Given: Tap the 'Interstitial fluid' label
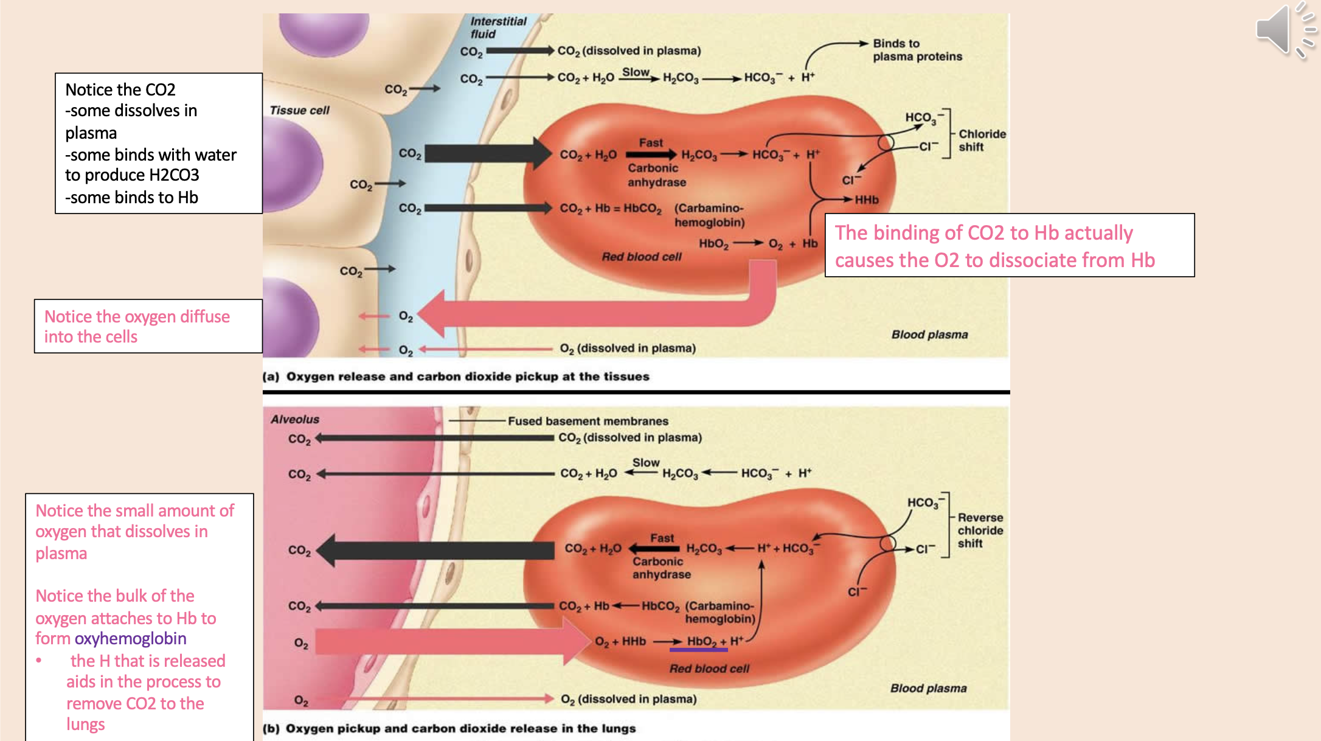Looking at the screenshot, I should (498, 27).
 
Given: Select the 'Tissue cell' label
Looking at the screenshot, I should (299, 111).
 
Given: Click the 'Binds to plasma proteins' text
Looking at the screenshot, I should (917, 50).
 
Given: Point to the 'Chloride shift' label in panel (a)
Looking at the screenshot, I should (982, 141).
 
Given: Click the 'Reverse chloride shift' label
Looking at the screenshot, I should (980, 531).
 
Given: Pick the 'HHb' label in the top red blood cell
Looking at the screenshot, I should (867, 200).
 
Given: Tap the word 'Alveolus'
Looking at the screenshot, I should (295, 419).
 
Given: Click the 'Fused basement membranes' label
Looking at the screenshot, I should (588, 421).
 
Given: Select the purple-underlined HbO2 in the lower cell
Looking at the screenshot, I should (701, 641).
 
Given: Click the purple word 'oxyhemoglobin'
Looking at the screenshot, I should (130, 639).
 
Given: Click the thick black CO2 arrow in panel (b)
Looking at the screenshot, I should (438, 550).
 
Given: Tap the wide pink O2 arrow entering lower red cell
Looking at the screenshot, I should (450, 642).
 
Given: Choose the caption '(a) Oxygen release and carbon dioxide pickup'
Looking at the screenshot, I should (456, 377).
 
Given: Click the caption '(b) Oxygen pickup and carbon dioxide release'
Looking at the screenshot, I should (449, 728).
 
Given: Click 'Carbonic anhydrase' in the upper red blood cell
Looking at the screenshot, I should (656, 175).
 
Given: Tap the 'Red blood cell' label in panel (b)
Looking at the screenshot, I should (709, 669).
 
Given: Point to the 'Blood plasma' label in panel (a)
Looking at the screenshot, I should (929, 335).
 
